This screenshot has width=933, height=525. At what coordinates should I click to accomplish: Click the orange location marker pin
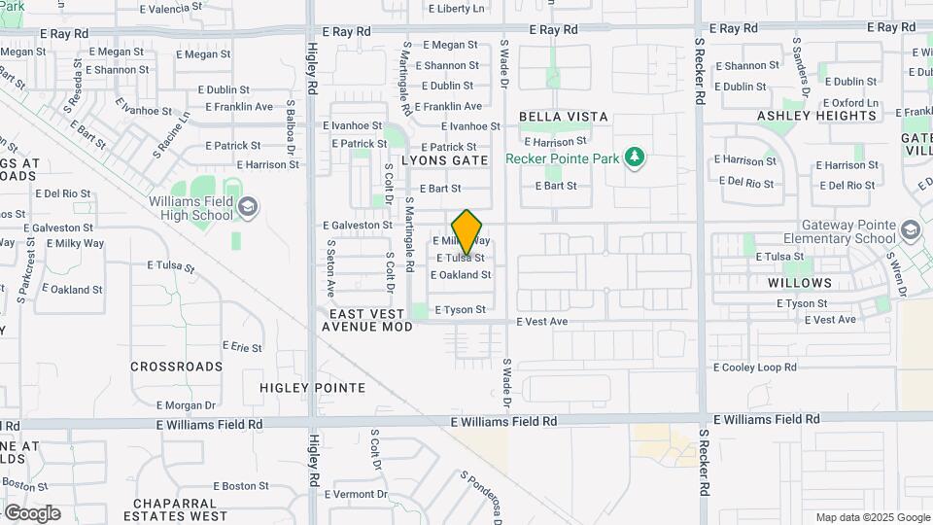tap(467, 231)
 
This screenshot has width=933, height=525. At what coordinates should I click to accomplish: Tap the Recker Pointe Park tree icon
tap(635, 157)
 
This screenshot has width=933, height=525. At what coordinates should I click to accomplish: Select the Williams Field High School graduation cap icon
tap(248, 206)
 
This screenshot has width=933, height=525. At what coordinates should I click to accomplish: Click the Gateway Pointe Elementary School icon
tap(911, 230)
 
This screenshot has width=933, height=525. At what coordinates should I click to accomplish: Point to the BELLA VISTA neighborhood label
tap(564, 117)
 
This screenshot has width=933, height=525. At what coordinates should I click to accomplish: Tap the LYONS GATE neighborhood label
tap(445, 159)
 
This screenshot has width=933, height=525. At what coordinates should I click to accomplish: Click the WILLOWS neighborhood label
tap(800, 283)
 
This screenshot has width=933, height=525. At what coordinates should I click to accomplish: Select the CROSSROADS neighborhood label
tap(177, 367)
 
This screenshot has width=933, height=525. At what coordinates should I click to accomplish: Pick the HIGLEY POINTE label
tap(313, 388)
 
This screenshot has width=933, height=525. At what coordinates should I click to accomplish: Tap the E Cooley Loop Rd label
tap(755, 367)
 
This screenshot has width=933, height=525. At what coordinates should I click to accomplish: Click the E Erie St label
tap(243, 346)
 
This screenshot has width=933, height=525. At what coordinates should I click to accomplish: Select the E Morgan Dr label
tap(187, 405)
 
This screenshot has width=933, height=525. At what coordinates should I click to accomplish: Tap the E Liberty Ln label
tap(457, 9)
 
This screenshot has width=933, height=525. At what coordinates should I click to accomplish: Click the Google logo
tap(31, 512)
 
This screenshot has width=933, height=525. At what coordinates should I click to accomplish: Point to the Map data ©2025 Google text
tap(872, 517)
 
